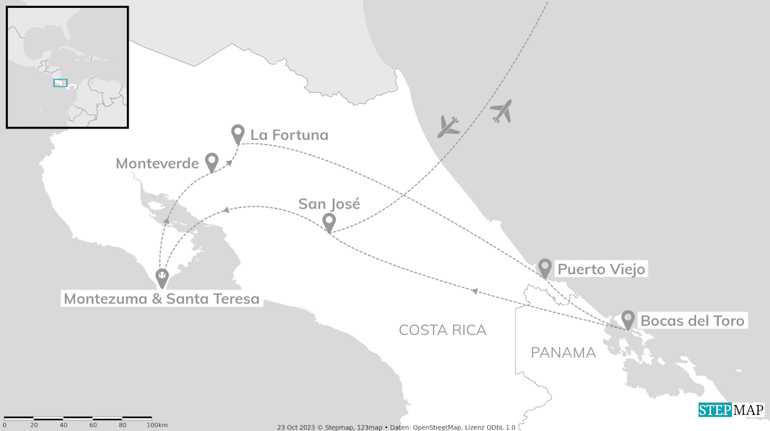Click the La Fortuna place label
(289, 135)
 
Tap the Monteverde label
(157, 164)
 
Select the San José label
(329, 204)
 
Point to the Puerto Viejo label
(601, 269)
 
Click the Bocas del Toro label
(692, 321)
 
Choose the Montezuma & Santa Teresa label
(161, 299)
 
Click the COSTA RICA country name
(442, 330)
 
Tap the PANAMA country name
(563, 353)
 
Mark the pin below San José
(329, 223)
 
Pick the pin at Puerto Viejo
(545, 267)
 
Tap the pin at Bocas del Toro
(628, 320)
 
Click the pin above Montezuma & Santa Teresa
(162, 278)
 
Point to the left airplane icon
(449, 126)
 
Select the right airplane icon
(501, 111)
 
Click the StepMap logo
(731, 410)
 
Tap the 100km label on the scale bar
(156, 426)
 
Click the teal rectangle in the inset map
(60, 83)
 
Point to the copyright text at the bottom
(396, 427)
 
